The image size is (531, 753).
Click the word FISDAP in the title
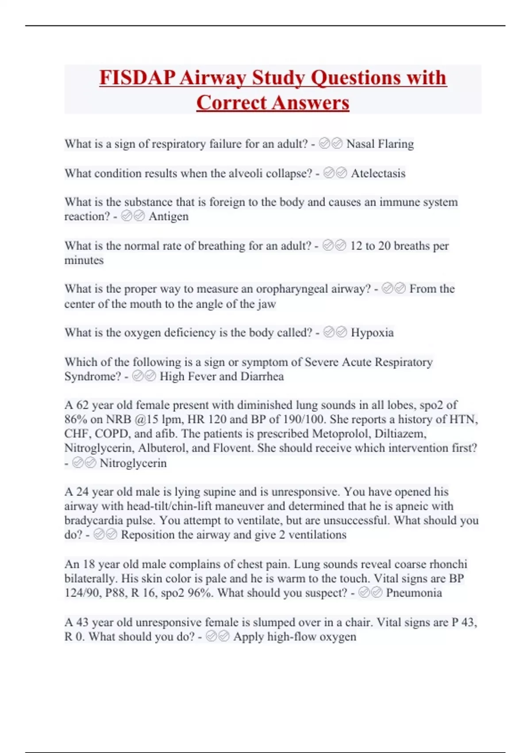137,78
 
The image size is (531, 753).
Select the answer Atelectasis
378,173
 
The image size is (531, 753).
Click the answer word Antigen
169,217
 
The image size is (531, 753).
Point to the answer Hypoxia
372,333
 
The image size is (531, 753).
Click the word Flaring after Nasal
396,144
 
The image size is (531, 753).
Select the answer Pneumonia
414,593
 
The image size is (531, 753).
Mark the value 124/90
83,593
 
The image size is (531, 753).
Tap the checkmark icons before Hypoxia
335,333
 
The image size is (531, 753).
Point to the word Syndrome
92,376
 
